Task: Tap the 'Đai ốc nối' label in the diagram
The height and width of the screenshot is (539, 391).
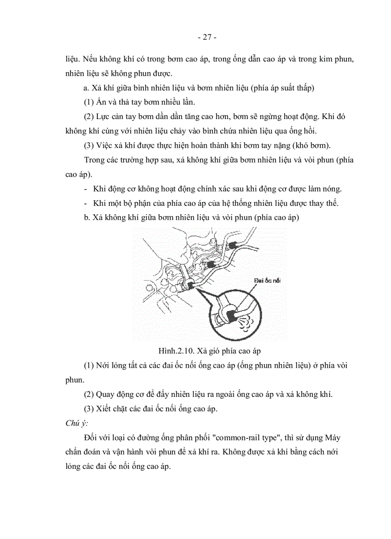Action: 264,280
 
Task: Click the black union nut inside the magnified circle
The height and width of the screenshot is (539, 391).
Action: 231,314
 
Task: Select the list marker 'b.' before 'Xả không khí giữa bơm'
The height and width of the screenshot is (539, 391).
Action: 87,217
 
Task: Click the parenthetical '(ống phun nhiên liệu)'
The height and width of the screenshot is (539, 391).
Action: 254,365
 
